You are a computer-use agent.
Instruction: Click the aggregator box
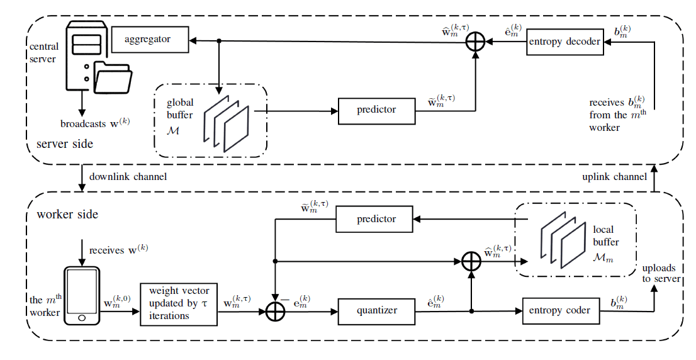(x=149, y=40)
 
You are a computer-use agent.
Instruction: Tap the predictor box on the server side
(x=376, y=110)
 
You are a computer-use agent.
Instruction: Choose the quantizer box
(x=376, y=310)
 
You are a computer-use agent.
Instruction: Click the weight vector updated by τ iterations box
(x=178, y=304)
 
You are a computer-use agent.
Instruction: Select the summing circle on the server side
(x=475, y=42)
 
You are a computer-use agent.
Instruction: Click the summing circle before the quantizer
(x=276, y=311)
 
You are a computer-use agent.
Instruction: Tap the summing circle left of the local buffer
(x=471, y=261)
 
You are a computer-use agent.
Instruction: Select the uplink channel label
(x=614, y=177)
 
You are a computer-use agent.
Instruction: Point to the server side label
(x=65, y=144)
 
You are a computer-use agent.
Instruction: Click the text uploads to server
(x=659, y=272)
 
